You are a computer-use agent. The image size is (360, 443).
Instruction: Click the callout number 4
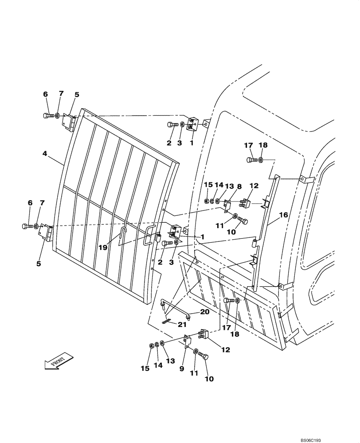point(45,154)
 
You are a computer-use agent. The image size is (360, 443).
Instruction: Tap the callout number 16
point(283,215)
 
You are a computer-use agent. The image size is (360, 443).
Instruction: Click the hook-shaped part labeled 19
point(124,232)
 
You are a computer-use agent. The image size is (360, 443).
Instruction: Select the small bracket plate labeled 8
point(227,205)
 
